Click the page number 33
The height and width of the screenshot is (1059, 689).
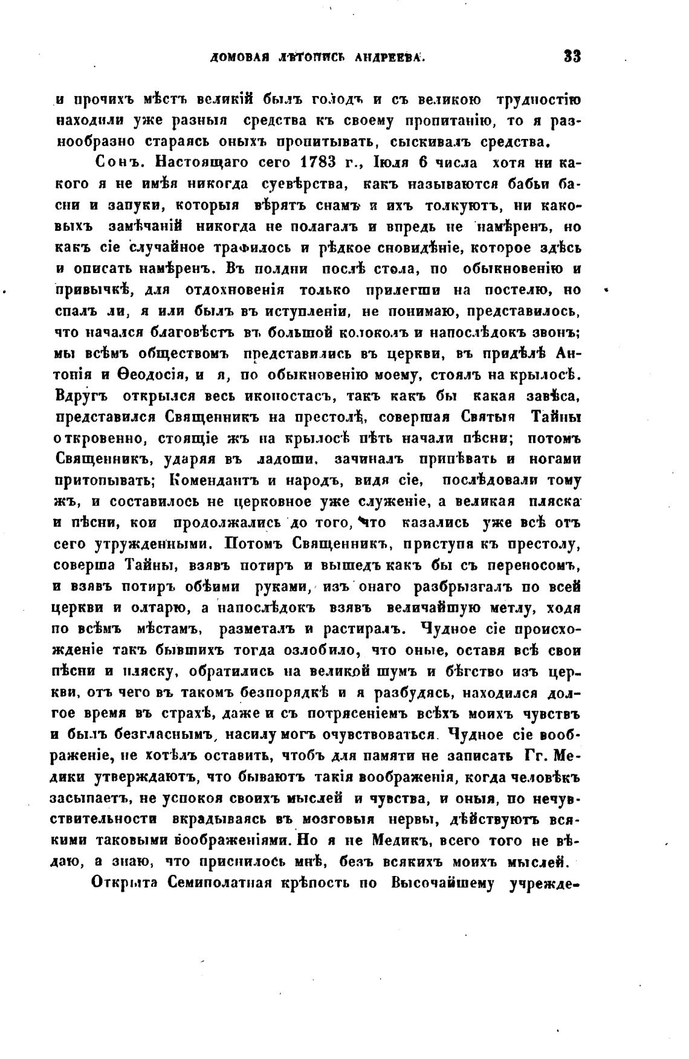[571, 57]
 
